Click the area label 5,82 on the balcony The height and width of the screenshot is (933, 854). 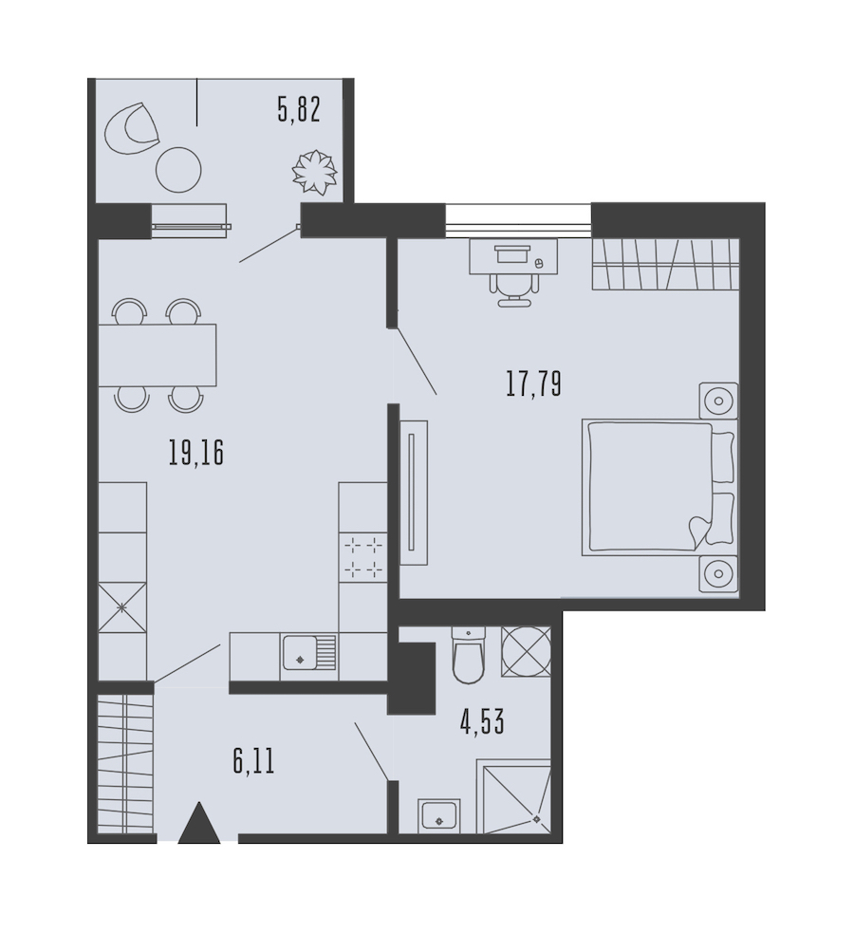(x=299, y=109)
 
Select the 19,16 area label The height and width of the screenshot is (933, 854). (x=195, y=453)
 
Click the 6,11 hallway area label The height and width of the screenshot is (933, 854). (x=254, y=761)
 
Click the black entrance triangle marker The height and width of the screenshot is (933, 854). (x=199, y=823)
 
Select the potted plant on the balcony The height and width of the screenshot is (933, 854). (x=315, y=172)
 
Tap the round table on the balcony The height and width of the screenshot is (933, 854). (x=178, y=170)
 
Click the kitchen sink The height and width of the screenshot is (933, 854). (x=308, y=653)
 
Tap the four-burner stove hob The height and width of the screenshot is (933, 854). (x=363, y=557)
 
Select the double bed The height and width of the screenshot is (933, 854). (x=659, y=487)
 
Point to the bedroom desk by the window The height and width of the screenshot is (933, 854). (x=514, y=256)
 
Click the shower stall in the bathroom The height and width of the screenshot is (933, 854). (x=514, y=796)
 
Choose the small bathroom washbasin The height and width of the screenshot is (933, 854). (x=439, y=815)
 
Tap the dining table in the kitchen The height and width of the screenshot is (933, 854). (x=157, y=355)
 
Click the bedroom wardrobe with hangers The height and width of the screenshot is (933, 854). (x=665, y=264)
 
